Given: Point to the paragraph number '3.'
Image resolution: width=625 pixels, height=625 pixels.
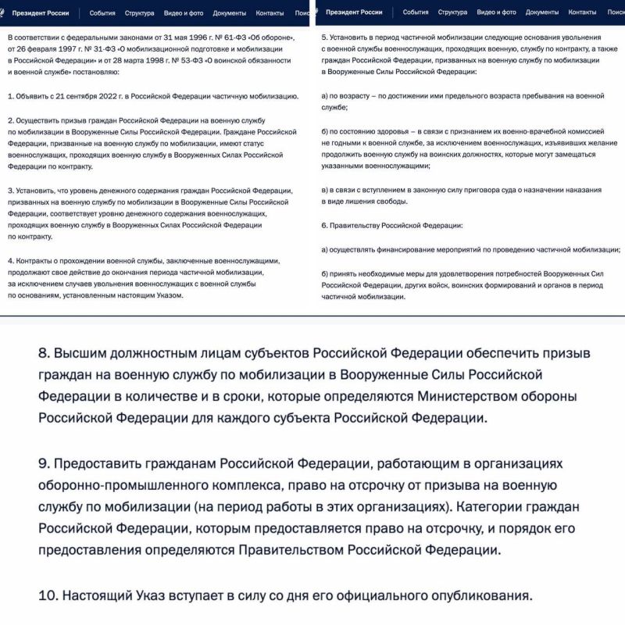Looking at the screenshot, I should pos(11,190).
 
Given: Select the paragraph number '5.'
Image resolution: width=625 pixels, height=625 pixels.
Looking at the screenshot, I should pos(325,37).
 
